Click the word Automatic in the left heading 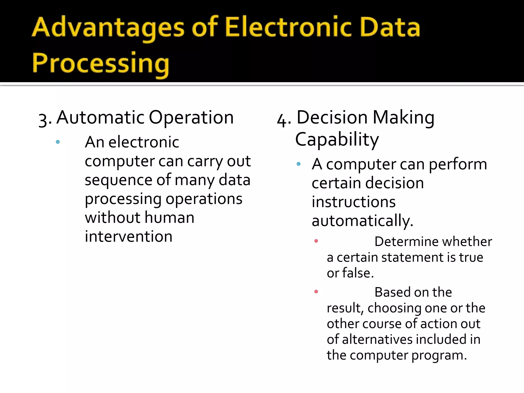point(101,117)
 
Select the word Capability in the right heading point(337,140)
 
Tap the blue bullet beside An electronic point(58,142)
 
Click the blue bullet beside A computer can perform point(298,164)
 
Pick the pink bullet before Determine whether point(316,241)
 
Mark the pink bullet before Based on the point(316,291)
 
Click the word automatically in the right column point(362,221)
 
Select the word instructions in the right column point(354,202)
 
